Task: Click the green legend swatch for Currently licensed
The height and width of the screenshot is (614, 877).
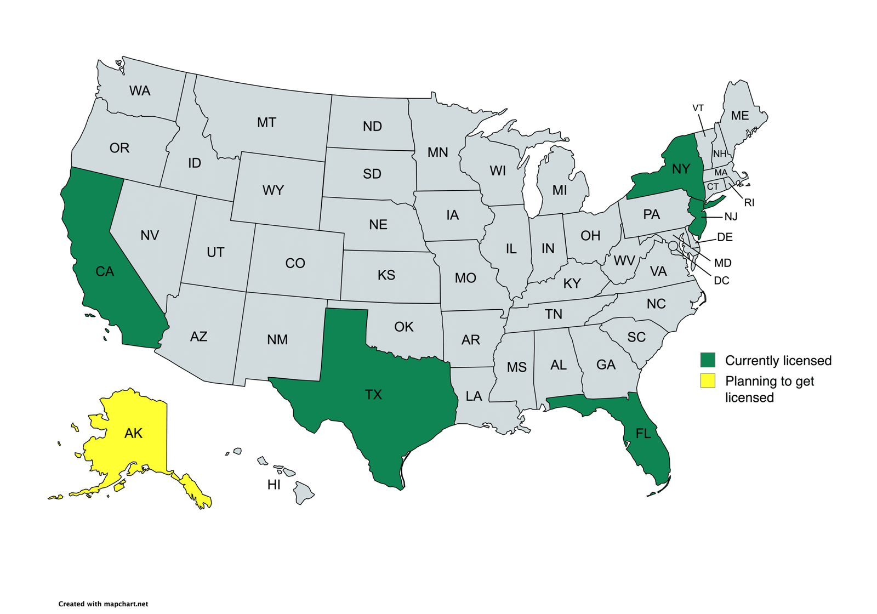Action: pos(708,360)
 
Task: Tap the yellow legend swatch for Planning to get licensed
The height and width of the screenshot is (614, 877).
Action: pos(708,380)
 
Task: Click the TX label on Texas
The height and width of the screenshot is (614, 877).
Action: pos(373,395)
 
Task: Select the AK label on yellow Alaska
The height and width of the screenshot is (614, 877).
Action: pos(133,434)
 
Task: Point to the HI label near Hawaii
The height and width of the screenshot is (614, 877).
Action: pos(274,485)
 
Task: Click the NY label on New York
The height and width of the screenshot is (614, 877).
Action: pos(681,169)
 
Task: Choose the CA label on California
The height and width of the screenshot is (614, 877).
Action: pos(105,272)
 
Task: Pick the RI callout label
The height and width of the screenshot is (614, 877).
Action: pos(749,203)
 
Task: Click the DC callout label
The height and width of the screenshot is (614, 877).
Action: pos(721,281)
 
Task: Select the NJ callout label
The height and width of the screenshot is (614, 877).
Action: pos(731,217)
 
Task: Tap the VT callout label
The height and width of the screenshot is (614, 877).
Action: pos(698,108)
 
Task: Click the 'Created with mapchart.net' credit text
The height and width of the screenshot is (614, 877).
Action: pos(103,604)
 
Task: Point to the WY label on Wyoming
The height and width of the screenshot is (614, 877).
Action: pos(273,191)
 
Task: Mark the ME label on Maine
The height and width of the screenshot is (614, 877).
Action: pos(739,116)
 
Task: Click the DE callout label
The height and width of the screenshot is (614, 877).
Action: pos(725,237)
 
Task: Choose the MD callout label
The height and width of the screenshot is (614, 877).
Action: pos(722,263)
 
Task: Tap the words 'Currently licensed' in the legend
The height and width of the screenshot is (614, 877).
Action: pos(778,361)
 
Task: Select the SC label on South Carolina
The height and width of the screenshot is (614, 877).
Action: pos(636,337)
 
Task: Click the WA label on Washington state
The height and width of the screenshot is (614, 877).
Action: pos(140,91)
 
